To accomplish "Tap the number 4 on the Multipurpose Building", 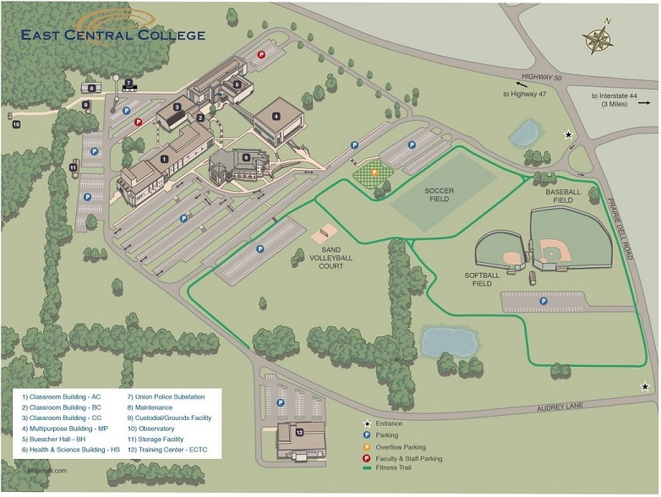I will pos(276,116).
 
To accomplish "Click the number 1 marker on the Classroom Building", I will pos(165,158).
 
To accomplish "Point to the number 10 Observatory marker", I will pos(16,124).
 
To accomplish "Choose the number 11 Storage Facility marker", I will pos(74,167).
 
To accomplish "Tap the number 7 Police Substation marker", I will pos(128,83).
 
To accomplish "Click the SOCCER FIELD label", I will pos(440,195).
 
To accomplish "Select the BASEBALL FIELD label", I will pos(563,196).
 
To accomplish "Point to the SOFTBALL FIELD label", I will pos(483,279).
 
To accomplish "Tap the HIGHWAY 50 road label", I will pos(540,78).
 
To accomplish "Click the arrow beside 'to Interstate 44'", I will pos(644,103).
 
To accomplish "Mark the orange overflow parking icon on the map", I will pos(374,172).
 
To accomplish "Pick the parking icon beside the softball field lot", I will pos(543,300).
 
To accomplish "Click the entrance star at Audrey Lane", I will pos(645,386).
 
